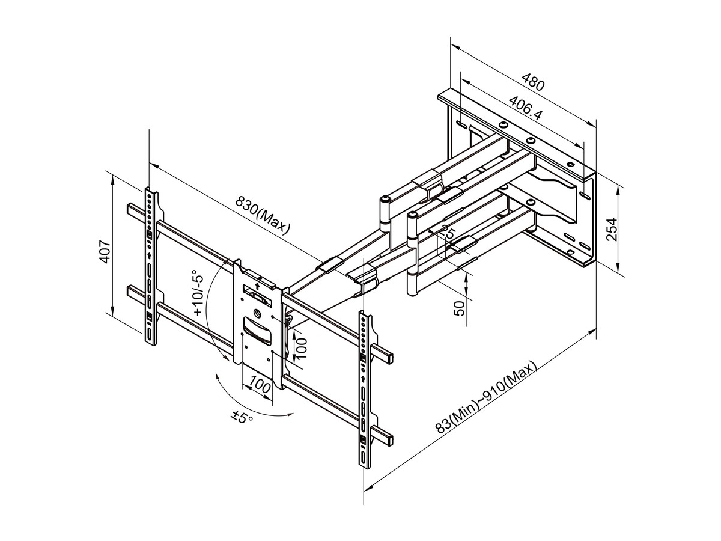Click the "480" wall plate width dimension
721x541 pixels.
pos(533,82)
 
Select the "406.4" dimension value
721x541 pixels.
pos(525,108)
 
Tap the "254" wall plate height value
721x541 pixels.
pos(611,230)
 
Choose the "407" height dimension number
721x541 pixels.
pos(105,252)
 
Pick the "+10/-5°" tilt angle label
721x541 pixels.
pos(199,293)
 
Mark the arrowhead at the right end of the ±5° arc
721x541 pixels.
pos(291,414)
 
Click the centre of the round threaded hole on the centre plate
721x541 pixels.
pos(257,313)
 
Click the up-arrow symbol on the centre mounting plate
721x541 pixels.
pos(257,286)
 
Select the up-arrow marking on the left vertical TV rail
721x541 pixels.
pos(149,254)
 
